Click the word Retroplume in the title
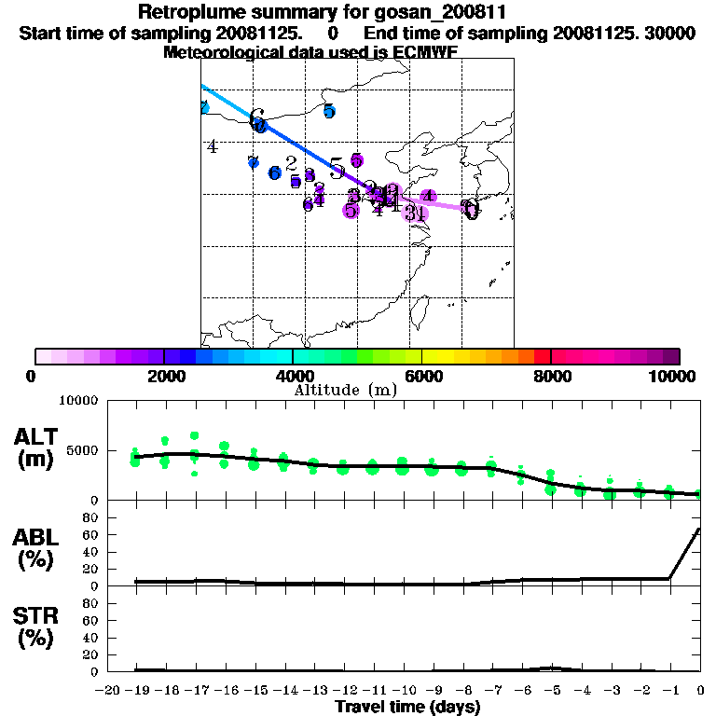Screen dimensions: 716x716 click(x=192, y=12)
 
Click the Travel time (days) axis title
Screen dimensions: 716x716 click(x=407, y=707)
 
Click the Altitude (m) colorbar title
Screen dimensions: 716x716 click(x=345, y=391)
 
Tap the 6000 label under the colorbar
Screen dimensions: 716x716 click(x=422, y=376)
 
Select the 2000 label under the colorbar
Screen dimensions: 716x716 click(x=164, y=376)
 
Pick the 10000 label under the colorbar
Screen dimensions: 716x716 click(x=677, y=376)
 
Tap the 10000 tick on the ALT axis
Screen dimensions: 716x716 click(x=78, y=402)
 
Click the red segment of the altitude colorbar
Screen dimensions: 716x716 click(x=542, y=356)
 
